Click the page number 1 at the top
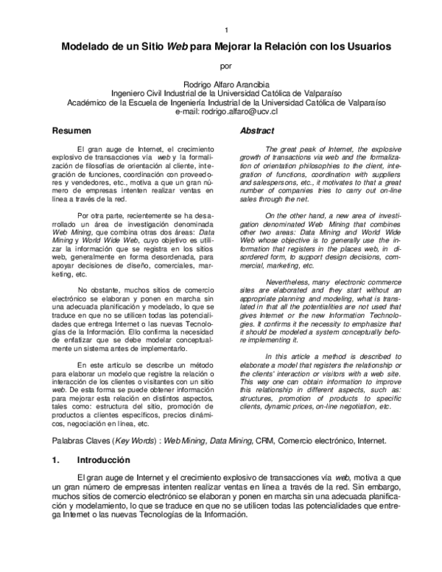(x=227, y=29)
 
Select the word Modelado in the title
(x=85, y=46)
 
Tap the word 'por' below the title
(x=226, y=65)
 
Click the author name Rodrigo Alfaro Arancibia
(x=226, y=84)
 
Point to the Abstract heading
(x=258, y=130)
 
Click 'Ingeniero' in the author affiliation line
(x=130, y=94)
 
